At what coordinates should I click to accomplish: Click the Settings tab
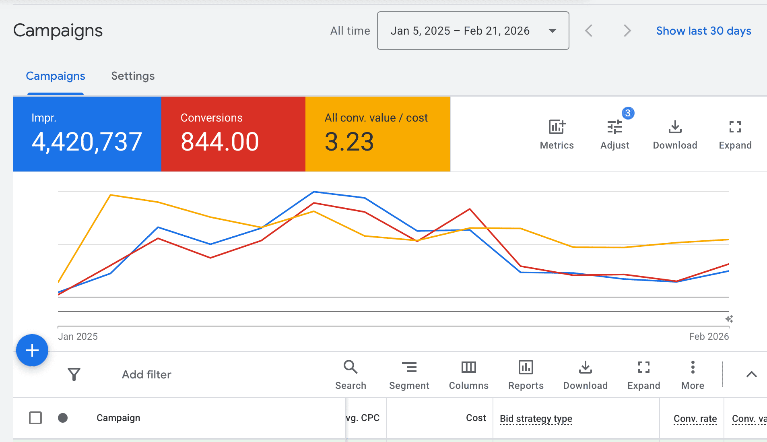pyautogui.click(x=133, y=76)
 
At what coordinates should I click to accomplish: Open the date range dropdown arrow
pyautogui.click(x=553, y=31)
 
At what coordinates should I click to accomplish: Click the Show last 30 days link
pyautogui.click(x=703, y=31)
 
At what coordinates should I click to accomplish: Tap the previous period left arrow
pyautogui.click(x=589, y=31)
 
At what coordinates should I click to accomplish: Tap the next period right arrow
pyautogui.click(x=627, y=31)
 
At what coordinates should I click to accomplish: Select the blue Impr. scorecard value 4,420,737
pyautogui.click(x=87, y=142)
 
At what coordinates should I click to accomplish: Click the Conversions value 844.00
pyautogui.click(x=220, y=142)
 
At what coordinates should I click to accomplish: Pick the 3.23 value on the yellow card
pyautogui.click(x=349, y=142)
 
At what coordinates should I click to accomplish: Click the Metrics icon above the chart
pyautogui.click(x=557, y=127)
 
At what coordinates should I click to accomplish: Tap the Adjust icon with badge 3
pyautogui.click(x=615, y=127)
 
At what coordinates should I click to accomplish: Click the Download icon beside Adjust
pyautogui.click(x=675, y=127)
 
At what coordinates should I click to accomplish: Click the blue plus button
pyautogui.click(x=32, y=350)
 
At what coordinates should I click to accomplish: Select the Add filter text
pyautogui.click(x=146, y=375)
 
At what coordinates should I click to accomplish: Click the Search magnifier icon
pyautogui.click(x=351, y=367)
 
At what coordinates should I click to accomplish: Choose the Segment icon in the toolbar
pyautogui.click(x=409, y=367)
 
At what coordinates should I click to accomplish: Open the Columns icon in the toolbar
pyautogui.click(x=468, y=367)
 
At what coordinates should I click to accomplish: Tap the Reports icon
pyautogui.click(x=526, y=367)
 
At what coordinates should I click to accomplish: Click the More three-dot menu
pyautogui.click(x=693, y=367)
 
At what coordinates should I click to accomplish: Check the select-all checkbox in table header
pyautogui.click(x=35, y=418)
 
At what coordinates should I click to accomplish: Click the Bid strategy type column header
pyautogui.click(x=536, y=419)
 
